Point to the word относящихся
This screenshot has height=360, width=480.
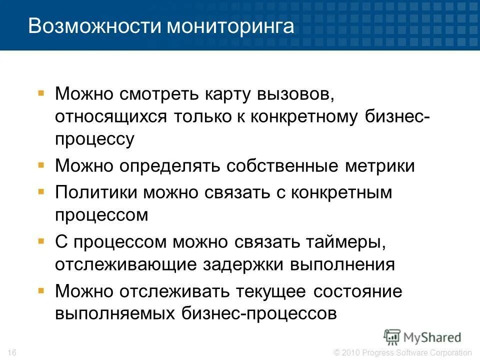tap(111, 118)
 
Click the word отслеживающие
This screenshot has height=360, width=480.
tap(125, 265)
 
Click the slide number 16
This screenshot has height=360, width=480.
tap(12, 353)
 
